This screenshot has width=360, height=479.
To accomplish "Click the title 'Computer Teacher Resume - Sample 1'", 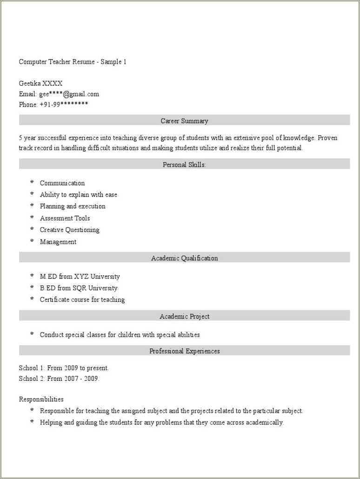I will point(73,62).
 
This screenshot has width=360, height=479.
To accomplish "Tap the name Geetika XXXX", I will point(40,84).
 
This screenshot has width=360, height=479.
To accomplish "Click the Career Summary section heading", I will point(184,121).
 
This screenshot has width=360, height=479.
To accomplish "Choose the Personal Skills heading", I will point(184,165).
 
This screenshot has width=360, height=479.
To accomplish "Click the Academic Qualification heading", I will point(184,258).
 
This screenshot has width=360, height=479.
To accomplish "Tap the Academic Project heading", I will point(184,316).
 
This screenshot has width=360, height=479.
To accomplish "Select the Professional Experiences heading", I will point(184,351).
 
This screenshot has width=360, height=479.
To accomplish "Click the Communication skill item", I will point(62,183).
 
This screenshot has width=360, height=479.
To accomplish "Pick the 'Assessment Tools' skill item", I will point(65,218).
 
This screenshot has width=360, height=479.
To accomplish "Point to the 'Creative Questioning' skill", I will point(69,230).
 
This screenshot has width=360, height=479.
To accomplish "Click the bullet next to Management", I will point(32,241).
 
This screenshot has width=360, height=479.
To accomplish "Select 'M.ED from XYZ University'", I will point(80,276).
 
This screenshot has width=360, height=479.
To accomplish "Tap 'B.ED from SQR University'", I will point(79,288).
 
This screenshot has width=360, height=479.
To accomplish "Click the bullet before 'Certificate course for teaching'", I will point(32,299).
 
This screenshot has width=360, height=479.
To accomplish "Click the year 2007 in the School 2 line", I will point(71,379).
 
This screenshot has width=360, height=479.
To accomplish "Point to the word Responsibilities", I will point(41,399).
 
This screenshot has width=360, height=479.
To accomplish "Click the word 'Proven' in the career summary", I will point(328,138).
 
